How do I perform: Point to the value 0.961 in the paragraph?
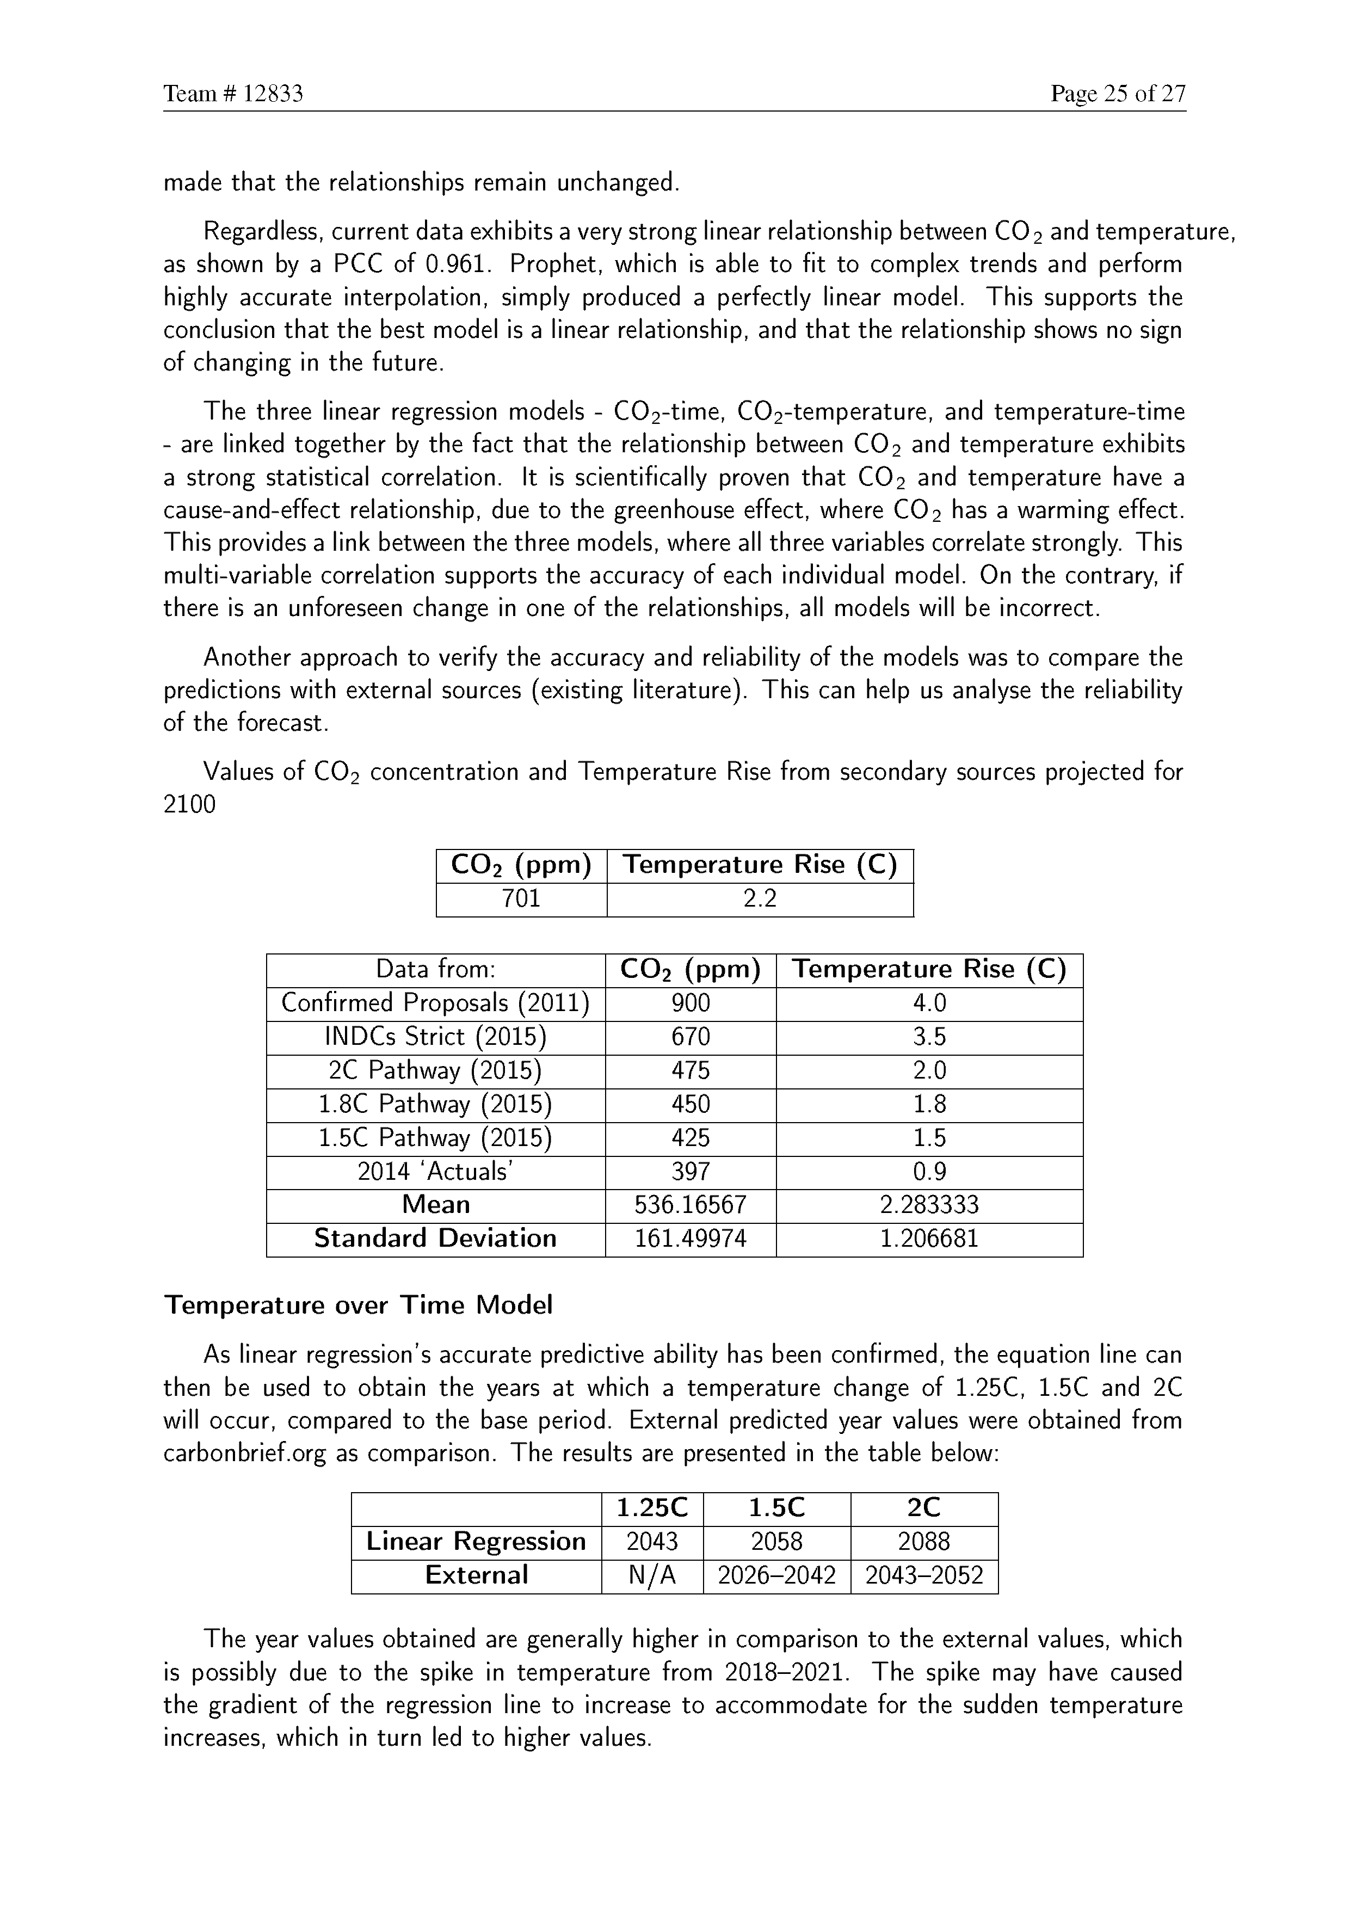pos(454,264)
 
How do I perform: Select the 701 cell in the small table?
pos(521,899)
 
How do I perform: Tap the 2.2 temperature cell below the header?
pos(760,899)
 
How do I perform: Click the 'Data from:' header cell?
pos(436,970)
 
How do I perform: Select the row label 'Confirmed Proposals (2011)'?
pos(436,1003)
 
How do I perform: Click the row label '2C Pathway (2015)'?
pos(436,1071)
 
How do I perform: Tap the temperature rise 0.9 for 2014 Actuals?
pos(929,1172)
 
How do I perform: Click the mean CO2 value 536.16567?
pos(691,1205)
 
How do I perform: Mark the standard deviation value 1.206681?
pos(929,1239)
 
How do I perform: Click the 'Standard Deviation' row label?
pos(436,1239)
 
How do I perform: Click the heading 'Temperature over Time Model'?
pos(358,1305)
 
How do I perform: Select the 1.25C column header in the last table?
pos(652,1508)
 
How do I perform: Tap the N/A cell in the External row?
pos(652,1575)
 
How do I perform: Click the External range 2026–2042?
pos(776,1575)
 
